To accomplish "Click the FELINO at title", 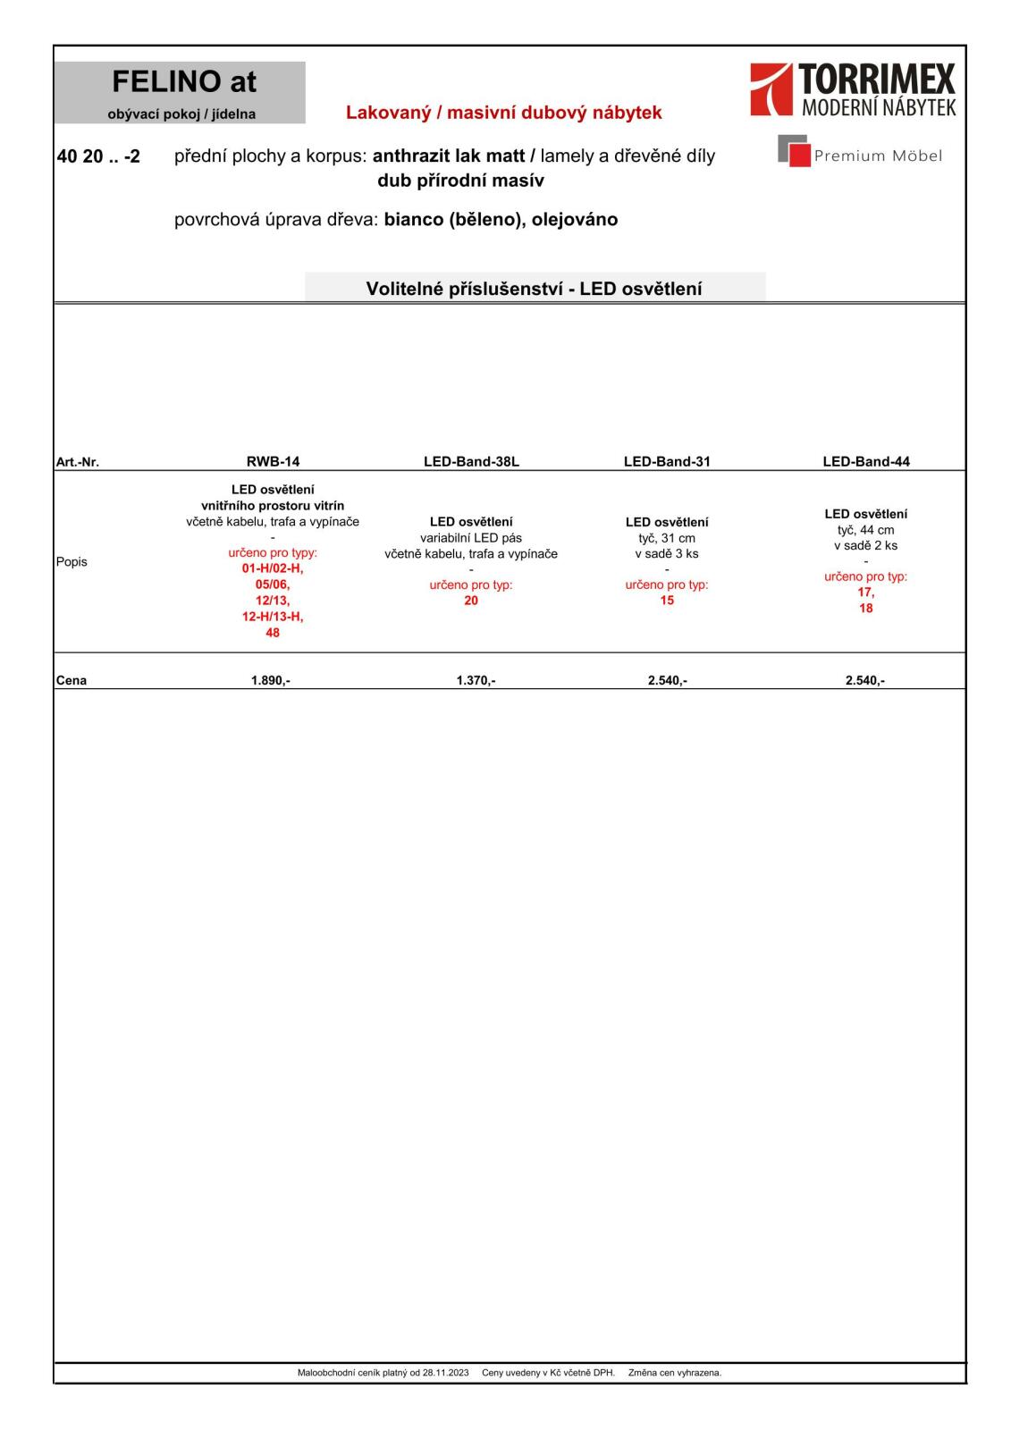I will [184, 82].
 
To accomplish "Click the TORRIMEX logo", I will [853, 89].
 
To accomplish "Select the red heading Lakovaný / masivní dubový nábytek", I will [503, 113].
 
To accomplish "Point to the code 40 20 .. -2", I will [98, 156].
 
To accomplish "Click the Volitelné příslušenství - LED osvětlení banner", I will [534, 289].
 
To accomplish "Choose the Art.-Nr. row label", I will [78, 462].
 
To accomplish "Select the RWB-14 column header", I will [273, 462].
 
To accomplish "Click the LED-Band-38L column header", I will [471, 462].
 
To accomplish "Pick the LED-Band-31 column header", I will [667, 462].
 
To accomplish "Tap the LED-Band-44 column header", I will [865, 462].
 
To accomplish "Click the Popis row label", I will [72, 562].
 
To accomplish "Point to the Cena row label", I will [72, 680].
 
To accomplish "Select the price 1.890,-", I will [271, 680].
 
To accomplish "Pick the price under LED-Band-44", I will [864, 680].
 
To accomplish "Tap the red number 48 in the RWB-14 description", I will [273, 633].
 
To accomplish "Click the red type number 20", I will [471, 601].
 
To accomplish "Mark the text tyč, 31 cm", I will [667, 538].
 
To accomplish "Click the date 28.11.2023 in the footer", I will [445, 1373].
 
